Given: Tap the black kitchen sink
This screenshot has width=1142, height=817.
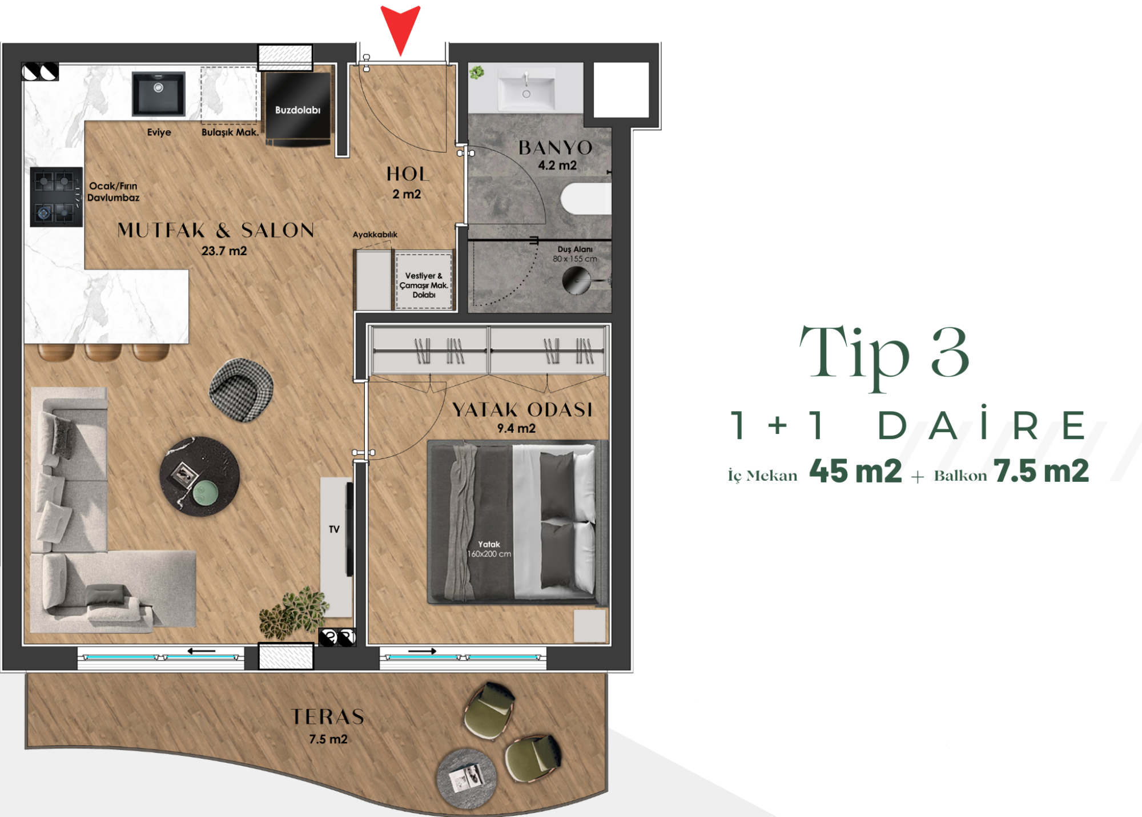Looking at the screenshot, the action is coord(159,94).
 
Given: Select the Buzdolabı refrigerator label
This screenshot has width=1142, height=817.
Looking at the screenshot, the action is coord(297,110).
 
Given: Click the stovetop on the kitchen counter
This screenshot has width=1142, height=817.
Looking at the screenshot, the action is coord(57,197).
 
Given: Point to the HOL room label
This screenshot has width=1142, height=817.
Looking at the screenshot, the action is coord(407,174).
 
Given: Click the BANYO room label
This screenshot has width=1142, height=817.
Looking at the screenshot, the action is coord(556,148).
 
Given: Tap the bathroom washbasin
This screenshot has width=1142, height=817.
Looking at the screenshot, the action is coord(526,89).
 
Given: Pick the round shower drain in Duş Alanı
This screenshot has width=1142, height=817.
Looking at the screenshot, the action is coord(577,280).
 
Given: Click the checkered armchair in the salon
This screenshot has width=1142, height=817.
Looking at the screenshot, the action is coord(241,390).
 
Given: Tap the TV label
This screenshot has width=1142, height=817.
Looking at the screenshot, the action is coord(334,529).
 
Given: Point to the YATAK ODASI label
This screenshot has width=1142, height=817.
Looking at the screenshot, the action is coord(522,410).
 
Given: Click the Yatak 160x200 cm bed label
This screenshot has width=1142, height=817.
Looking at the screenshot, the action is coord(489,549).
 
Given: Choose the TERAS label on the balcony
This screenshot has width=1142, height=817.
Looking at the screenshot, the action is coord(328,717).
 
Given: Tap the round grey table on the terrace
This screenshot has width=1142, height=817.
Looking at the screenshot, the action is coord(467,778).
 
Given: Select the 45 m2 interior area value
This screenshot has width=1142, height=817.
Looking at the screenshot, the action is coord(855,472).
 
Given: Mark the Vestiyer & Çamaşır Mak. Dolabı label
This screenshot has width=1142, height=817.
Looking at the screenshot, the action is coord(424,285).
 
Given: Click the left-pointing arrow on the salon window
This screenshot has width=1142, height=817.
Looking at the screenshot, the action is coord(202,651).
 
